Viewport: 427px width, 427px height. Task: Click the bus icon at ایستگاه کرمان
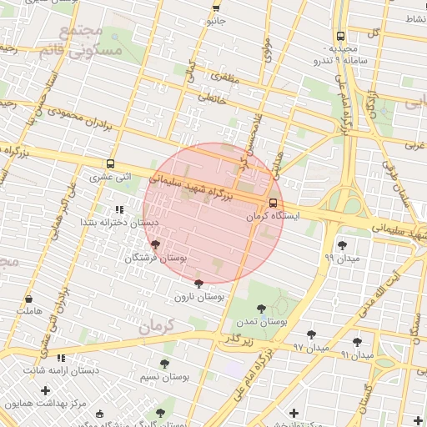(274, 203)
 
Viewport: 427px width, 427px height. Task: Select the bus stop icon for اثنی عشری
(111, 164)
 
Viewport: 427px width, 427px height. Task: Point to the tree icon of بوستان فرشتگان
(156, 244)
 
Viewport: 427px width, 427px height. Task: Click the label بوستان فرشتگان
(156, 259)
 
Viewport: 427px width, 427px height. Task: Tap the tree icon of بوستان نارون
(198, 284)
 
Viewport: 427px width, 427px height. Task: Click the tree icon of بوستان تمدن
(262, 308)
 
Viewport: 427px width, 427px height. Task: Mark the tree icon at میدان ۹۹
(342, 244)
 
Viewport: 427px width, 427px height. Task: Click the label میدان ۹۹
(341, 259)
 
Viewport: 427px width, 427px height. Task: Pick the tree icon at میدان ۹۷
(311, 334)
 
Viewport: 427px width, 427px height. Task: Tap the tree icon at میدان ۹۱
(357, 342)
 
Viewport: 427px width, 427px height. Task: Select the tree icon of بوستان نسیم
(163, 363)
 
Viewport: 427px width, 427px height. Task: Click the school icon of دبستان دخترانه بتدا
(118, 209)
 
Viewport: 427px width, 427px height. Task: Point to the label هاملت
(28, 311)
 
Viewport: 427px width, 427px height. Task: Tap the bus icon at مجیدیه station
(340, 36)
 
